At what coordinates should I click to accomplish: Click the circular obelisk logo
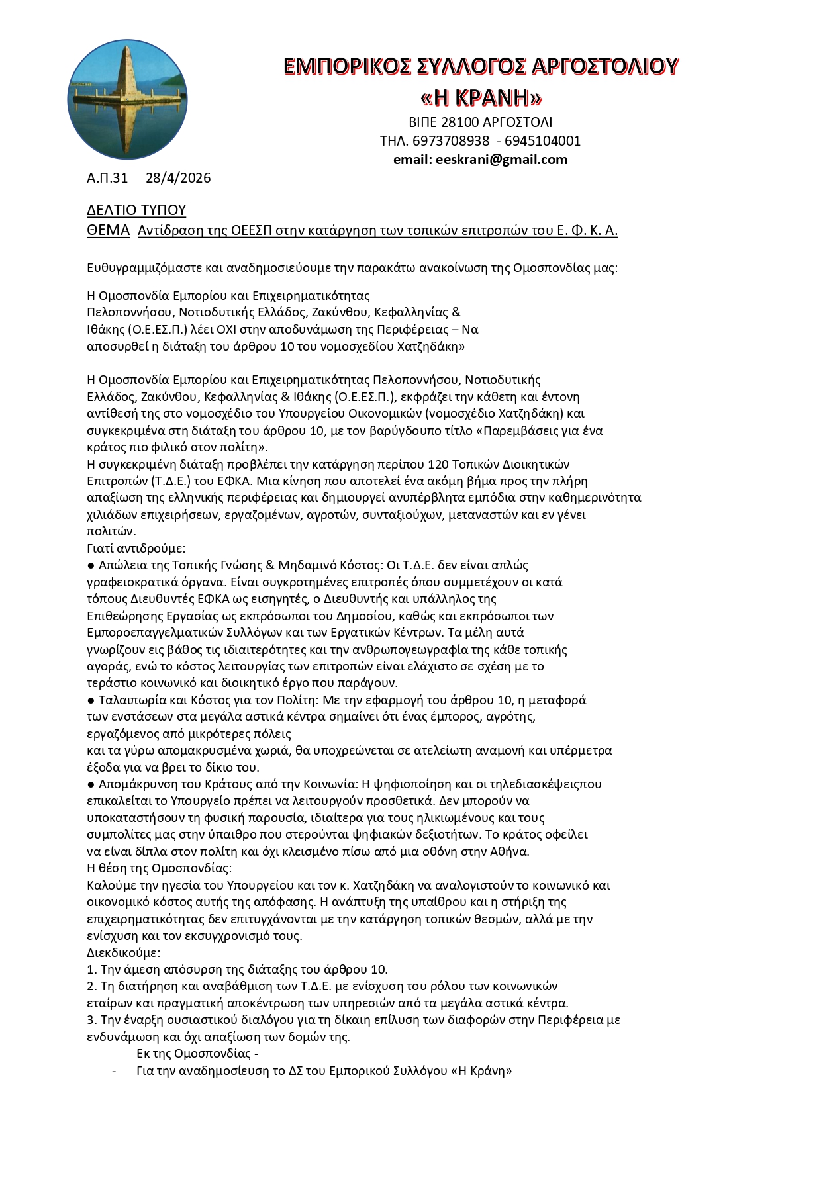(127, 99)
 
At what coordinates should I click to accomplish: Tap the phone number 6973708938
(450, 141)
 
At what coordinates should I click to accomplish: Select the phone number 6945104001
(542, 141)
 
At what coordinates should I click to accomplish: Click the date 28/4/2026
(178, 178)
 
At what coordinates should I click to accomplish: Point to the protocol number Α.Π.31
(107, 178)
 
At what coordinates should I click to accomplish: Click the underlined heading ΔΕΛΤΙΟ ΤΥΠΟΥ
(136, 210)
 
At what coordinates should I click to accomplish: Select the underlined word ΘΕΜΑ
(108, 230)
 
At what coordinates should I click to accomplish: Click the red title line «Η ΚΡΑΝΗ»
(481, 98)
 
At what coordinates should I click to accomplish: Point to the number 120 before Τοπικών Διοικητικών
(439, 464)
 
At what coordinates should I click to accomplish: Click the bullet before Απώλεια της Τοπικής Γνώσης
(91, 566)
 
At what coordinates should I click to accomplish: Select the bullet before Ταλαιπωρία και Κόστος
(91, 700)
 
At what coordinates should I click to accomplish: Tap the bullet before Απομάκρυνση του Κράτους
(91, 784)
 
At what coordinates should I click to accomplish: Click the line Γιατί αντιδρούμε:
(136, 548)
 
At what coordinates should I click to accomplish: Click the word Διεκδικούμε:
(124, 953)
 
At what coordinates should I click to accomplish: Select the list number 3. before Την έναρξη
(92, 1020)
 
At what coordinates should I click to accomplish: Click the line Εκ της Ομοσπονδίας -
(197, 1054)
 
